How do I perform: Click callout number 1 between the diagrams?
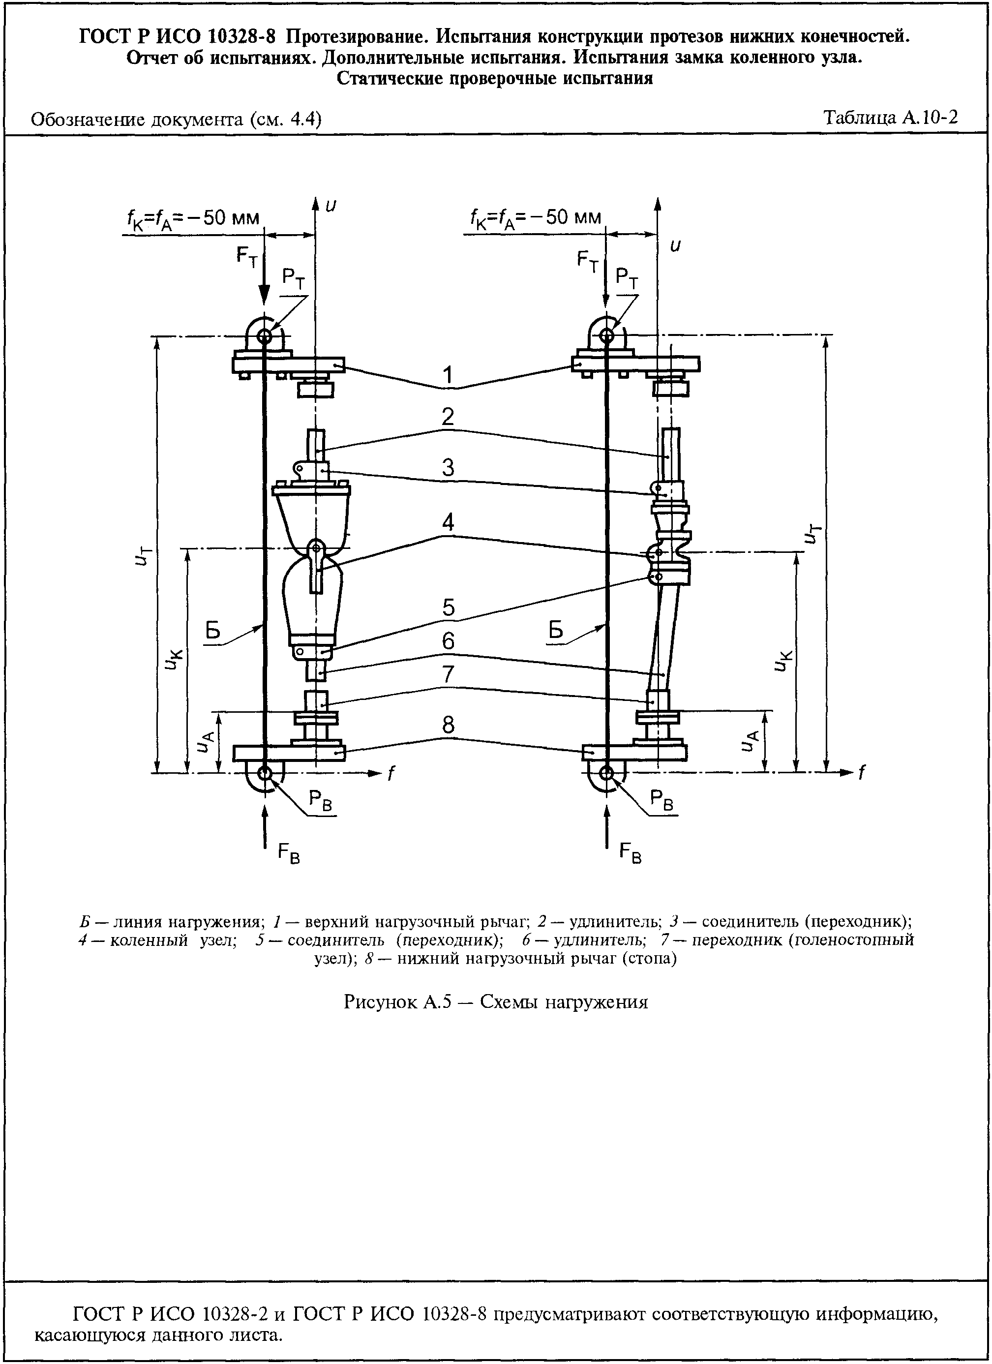[448, 375]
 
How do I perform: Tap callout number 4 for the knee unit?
[448, 522]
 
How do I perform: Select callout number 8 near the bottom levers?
[448, 726]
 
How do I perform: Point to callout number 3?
[448, 468]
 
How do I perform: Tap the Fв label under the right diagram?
[631, 853]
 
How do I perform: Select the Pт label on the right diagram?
[627, 278]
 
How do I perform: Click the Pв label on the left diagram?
[321, 800]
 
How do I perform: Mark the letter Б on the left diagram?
[213, 630]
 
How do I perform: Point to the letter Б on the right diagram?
[556, 630]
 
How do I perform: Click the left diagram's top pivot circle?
[263, 335]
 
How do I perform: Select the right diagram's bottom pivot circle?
[606, 773]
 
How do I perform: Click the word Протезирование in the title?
[357, 37]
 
